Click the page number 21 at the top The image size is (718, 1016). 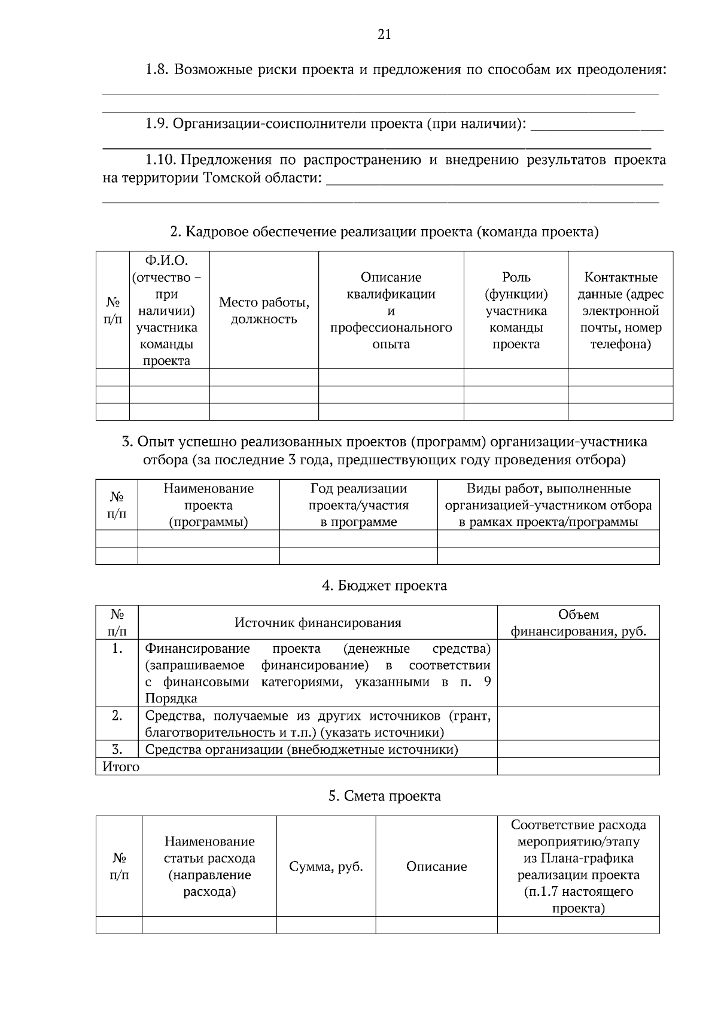click(x=384, y=35)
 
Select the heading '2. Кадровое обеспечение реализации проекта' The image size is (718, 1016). click(x=384, y=232)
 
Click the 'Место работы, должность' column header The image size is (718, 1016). click(x=264, y=311)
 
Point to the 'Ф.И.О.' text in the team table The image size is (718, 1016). click(x=166, y=261)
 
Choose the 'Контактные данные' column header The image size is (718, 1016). click(x=620, y=311)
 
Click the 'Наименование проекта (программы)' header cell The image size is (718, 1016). click(x=208, y=505)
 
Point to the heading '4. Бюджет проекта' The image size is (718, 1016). click(x=384, y=586)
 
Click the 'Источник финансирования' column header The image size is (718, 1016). click(x=318, y=623)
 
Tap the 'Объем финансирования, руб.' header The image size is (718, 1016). click(x=578, y=623)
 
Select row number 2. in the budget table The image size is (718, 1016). click(x=117, y=716)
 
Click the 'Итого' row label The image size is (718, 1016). click(x=121, y=767)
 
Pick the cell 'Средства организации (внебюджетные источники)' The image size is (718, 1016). click(x=302, y=750)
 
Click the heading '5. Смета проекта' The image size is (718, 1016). click(x=384, y=796)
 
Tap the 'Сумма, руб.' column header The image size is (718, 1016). click(x=326, y=867)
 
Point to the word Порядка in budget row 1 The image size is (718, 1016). click(x=171, y=699)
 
